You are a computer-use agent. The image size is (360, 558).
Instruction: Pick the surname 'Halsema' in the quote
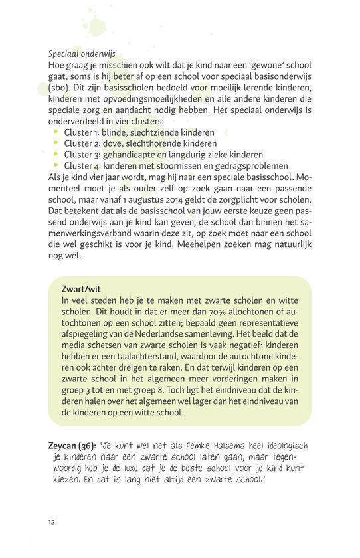pyautogui.click(x=233, y=446)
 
